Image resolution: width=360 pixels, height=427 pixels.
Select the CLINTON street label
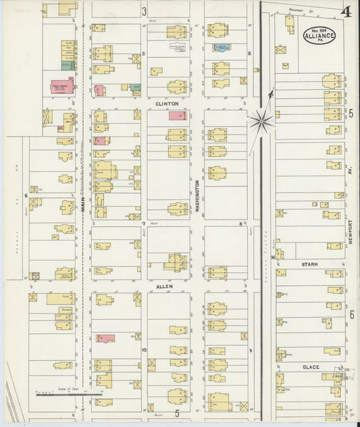point(167,104)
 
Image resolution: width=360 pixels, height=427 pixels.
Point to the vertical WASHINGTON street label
point(197,197)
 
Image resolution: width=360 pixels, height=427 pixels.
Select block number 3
point(145,11)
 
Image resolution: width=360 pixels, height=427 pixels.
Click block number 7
point(144,223)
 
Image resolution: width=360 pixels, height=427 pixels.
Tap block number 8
point(240,223)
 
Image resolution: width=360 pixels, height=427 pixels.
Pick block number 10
point(144,350)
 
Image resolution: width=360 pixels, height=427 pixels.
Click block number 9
point(249,350)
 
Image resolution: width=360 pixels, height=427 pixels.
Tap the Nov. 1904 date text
point(319,28)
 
